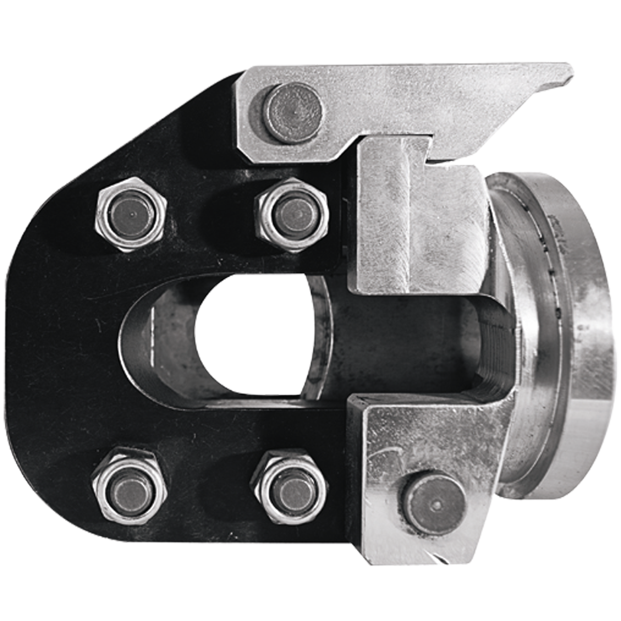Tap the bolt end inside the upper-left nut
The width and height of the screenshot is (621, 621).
point(132,213)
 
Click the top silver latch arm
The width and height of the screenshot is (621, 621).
point(414,98)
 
